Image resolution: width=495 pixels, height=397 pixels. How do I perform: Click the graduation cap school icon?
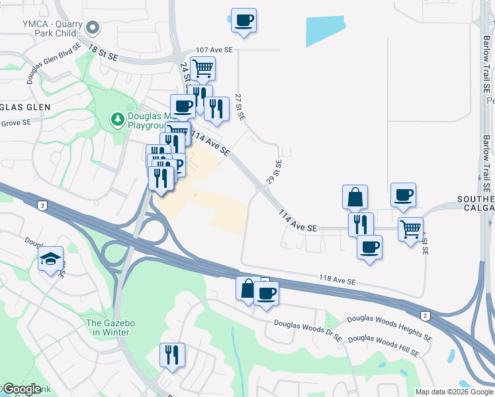(x=50, y=261)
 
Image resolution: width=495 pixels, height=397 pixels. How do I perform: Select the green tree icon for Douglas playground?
(x=116, y=119)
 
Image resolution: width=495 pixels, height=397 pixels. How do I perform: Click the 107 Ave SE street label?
(x=214, y=50)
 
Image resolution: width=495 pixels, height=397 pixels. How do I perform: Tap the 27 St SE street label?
(x=240, y=106)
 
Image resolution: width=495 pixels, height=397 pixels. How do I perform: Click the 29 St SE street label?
(x=273, y=171)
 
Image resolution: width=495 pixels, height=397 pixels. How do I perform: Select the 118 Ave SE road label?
(x=338, y=281)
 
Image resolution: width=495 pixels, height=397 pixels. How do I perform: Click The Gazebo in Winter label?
(x=111, y=328)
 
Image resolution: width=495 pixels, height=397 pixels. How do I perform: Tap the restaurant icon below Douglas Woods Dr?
(x=172, y=355)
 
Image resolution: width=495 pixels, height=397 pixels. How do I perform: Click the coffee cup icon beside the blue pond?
(x=244, y=21)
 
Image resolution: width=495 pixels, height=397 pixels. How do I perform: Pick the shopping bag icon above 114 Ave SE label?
(x=355, y=197)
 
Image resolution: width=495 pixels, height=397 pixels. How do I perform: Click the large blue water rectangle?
(x=325, y=30)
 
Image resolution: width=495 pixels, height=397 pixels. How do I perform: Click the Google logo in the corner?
(x=21, y=389)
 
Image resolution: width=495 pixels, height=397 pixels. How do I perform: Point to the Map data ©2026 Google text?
(x=454, y=392)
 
